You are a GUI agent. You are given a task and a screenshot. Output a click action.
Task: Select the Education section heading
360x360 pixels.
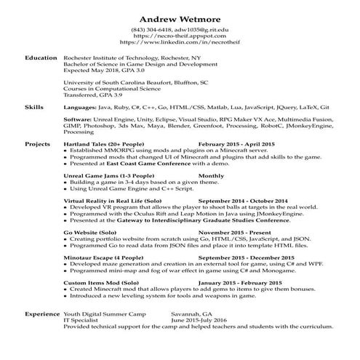pos(41,57)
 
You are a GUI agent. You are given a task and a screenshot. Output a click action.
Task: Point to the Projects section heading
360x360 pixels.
pos(37,145)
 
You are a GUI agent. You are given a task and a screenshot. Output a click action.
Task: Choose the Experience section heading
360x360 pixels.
pos(41,314)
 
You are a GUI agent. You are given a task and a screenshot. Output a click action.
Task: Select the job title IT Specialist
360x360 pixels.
pos(79,320)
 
